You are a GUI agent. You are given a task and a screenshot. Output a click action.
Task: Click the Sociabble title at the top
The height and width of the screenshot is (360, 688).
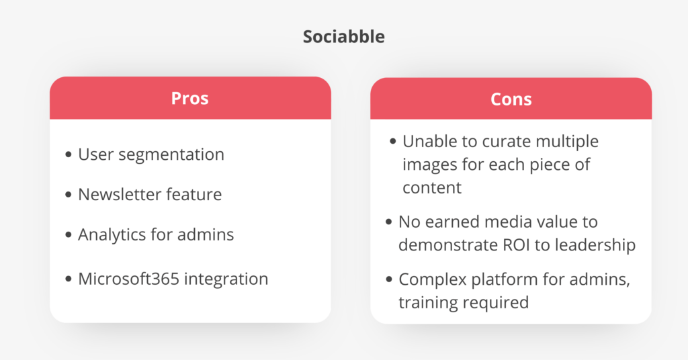coord(343,36)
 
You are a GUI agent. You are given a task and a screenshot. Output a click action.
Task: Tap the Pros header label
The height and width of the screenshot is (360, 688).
coord(189,98)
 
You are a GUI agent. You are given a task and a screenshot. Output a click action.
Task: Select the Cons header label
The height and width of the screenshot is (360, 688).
coord(511,99)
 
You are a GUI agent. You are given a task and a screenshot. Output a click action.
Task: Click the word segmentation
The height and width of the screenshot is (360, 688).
coord(171,154)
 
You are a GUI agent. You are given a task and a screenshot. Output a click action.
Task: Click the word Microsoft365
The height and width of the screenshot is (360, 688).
coord(129,279)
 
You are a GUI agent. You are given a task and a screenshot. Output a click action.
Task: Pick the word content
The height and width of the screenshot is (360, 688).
coord(432,188)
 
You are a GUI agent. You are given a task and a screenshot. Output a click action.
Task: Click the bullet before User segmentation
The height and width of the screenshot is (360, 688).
coord(68,154)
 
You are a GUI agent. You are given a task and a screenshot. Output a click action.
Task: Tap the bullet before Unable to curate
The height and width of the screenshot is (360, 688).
coord(392,142)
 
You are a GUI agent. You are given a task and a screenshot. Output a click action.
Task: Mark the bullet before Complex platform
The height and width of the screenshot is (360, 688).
coord(389,280)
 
